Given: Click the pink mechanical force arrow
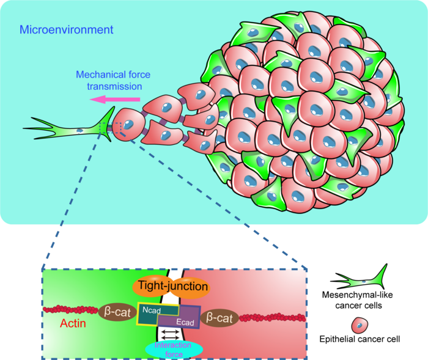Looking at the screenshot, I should point(116,100).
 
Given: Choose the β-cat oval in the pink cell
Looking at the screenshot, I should point(219,317).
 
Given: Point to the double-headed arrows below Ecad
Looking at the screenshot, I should point(171,334).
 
